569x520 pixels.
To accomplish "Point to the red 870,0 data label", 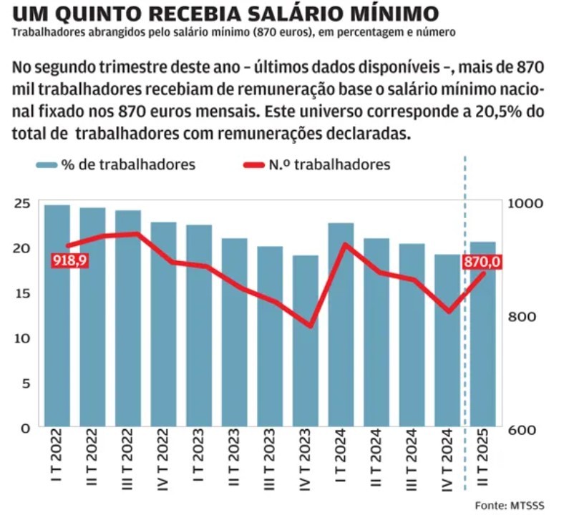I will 482,263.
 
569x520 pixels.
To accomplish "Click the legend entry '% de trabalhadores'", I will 116,165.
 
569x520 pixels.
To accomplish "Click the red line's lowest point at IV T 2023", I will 310,326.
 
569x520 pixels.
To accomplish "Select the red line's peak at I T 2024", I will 345,245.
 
